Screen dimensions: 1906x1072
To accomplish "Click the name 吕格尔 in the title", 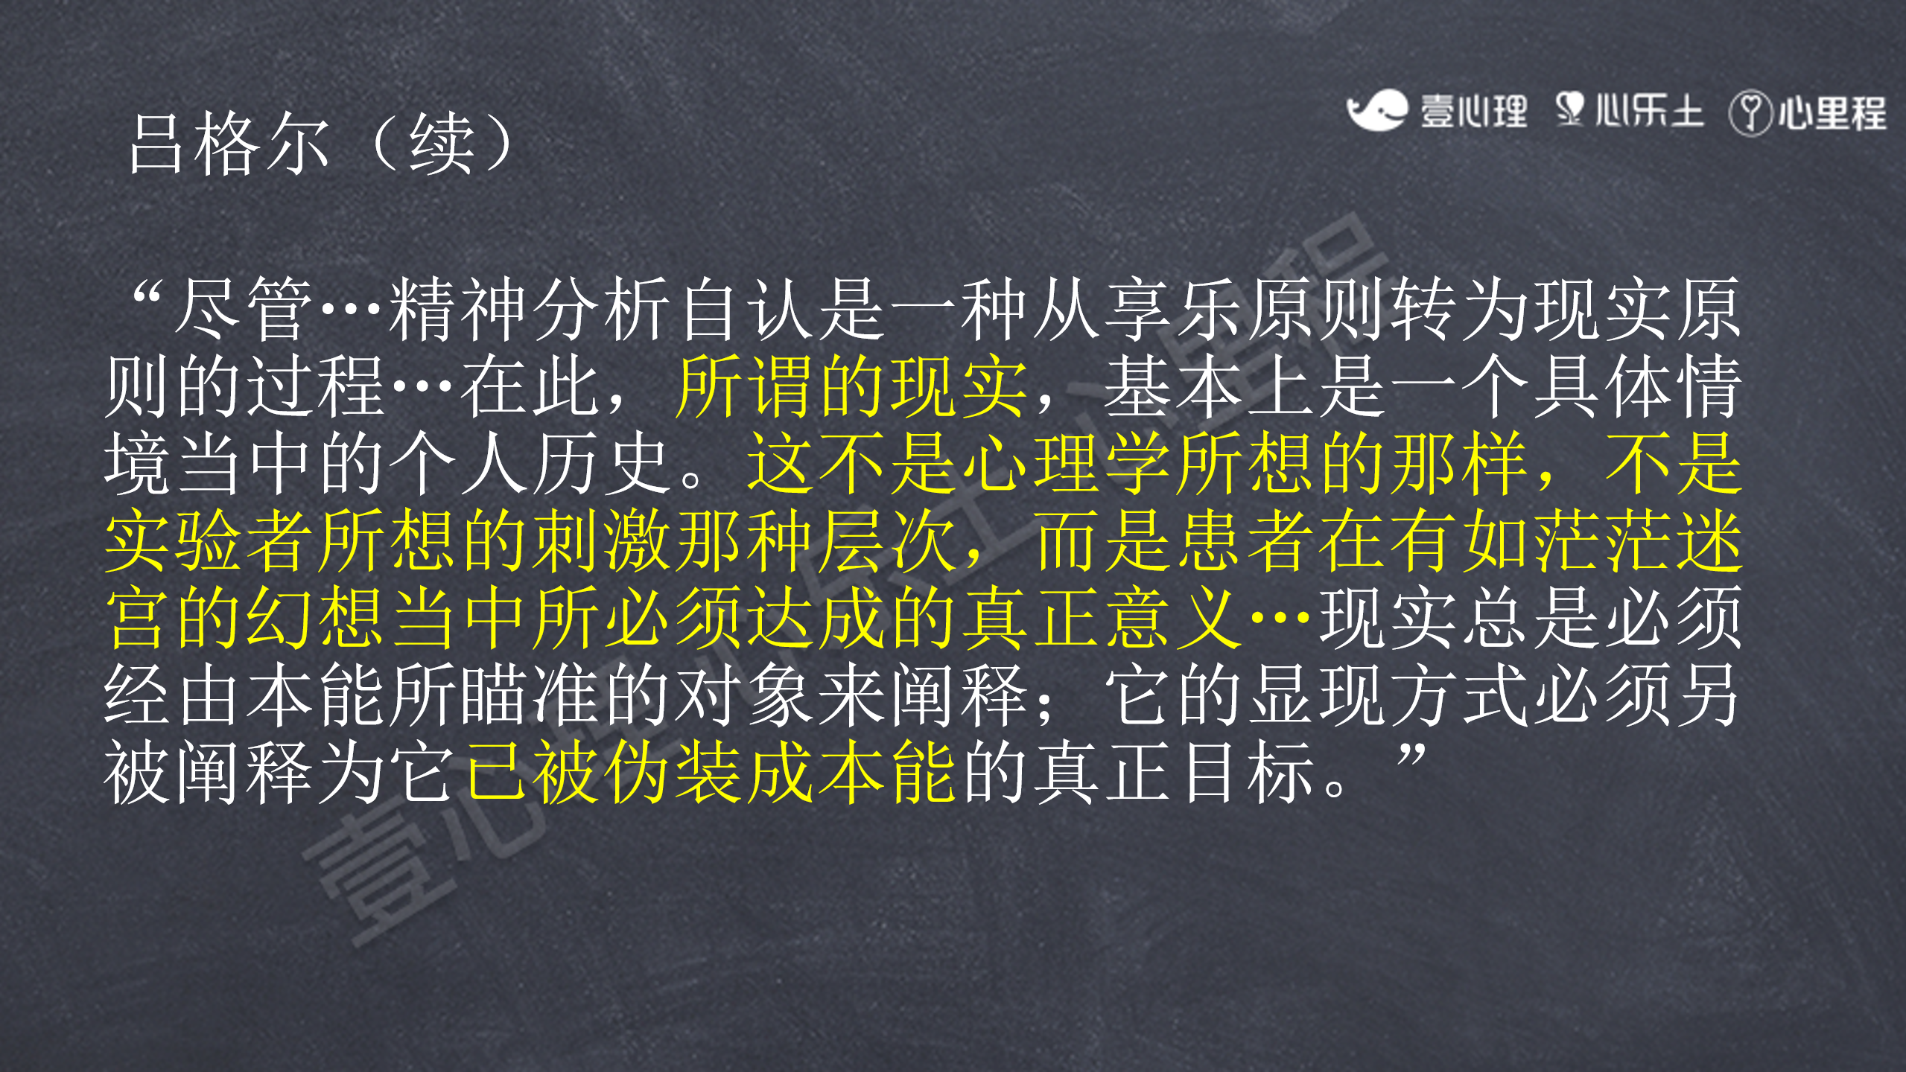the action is click(x=229, y=143).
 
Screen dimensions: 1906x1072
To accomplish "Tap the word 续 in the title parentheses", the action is click(x=442, y=143).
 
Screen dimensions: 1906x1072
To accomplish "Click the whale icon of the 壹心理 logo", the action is click(x=1376, y=110).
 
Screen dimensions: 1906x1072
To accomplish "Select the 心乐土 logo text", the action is click(x=1649, y=111).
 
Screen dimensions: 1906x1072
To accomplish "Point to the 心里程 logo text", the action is click(x=1832, y=113).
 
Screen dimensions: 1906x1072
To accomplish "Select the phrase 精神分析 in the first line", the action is click(x=531, y=309).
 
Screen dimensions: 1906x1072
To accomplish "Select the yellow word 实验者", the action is click(x=210, y=541).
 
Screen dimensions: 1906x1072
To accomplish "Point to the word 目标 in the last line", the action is click(x=1247, y=773).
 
